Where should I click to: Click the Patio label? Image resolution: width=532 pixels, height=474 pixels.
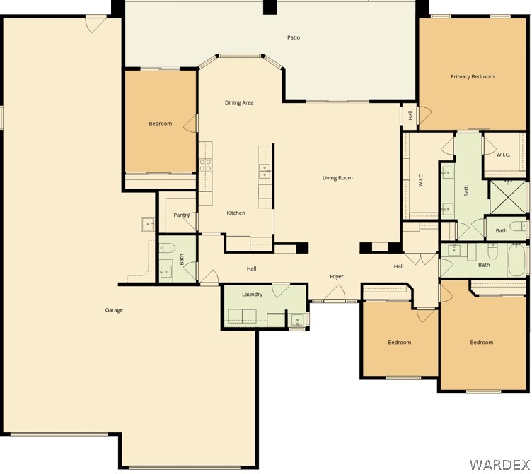[293, 37]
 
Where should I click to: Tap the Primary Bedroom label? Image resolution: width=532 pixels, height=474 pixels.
[472, 76]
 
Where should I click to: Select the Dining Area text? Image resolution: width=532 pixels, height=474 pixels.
[239, 103]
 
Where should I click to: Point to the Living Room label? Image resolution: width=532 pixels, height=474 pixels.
[337, 178]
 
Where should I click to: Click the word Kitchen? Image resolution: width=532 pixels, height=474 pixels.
[236, 213]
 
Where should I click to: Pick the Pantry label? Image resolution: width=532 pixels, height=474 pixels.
[181, 215]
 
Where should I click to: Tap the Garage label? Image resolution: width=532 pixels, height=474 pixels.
[114, 309]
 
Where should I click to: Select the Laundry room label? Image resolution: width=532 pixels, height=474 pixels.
[252, 295]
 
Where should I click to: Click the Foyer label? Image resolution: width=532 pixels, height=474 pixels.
[336, 277]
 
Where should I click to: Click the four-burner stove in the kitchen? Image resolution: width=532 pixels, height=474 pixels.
[205, 165]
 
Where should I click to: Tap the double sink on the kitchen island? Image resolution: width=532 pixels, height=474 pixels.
[265, 170]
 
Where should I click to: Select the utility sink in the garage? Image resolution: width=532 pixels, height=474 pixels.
[149, 225]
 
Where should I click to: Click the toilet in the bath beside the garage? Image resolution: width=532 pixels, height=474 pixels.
[167, 248]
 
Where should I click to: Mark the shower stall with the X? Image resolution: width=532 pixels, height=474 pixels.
[507, 198]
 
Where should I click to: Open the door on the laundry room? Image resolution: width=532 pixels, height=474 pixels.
[280, 290]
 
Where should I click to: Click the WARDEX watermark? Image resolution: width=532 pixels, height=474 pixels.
[499, 464]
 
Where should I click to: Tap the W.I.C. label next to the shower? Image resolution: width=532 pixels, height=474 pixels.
[503, 155]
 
